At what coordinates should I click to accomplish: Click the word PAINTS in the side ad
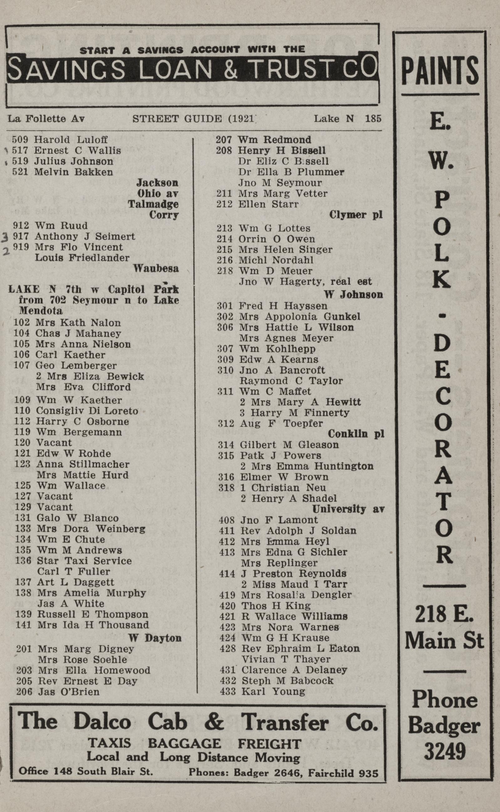click(440, 70)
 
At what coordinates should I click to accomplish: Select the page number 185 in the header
click(373, 118)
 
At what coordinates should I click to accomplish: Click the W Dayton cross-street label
click(155, 638)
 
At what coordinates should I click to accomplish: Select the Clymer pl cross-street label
click(355, 215)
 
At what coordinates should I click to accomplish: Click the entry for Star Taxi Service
click(84, 560)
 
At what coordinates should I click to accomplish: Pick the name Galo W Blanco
click(78, 518)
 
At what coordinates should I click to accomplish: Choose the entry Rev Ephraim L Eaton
click(301, 648)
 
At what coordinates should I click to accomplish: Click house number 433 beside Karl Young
click(228, 691)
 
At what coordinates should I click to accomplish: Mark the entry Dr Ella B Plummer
click(291, 172)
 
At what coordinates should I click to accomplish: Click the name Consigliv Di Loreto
click(87, 411)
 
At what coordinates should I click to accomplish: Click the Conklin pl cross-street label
click(356, 434)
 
